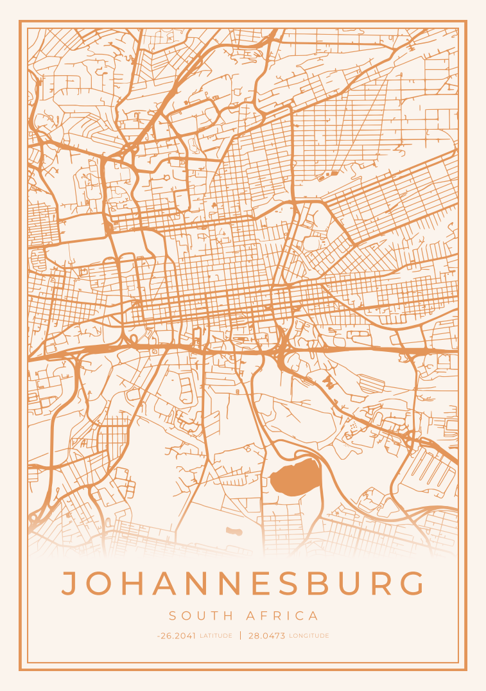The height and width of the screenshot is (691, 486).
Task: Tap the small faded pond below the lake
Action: (234, 531)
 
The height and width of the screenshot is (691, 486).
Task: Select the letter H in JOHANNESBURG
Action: (136, 583)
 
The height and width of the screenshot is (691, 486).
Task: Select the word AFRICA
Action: (282, 616)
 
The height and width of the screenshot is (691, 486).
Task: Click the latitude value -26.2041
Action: (177, 636)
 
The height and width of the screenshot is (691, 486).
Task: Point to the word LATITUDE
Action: (216, 636)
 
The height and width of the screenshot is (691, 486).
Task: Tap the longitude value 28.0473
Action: (266, 636)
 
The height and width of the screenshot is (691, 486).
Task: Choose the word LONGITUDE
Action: (309, 636)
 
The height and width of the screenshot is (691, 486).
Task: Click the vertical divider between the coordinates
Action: (241, 636)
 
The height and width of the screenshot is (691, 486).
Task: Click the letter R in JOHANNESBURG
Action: (386, 583)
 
